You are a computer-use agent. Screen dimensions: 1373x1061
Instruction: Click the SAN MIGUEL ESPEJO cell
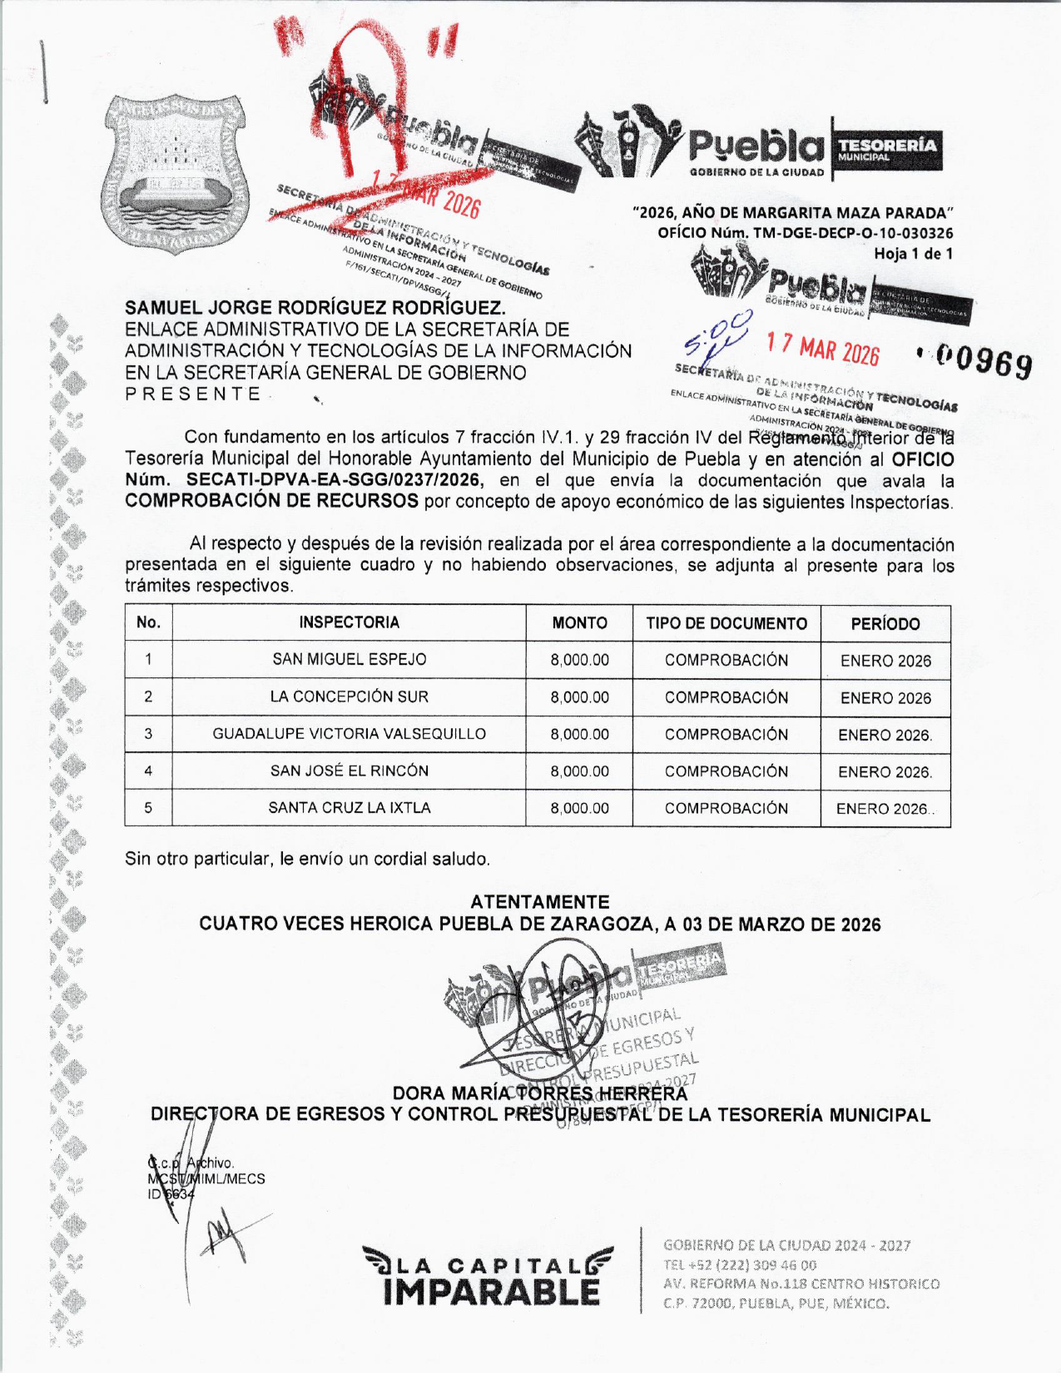[350, 660]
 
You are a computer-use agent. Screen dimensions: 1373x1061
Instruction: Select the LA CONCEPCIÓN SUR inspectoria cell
[350, 697]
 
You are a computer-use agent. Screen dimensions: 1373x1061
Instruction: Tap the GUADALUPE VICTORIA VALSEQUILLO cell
[350, 734]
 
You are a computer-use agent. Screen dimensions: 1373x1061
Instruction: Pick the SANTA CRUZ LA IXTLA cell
[350, 808]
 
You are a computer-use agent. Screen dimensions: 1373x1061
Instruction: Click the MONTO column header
[579, 623]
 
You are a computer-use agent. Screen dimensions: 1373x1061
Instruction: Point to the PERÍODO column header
[885, 624]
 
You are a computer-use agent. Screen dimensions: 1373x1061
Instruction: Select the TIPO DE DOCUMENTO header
[726, 623]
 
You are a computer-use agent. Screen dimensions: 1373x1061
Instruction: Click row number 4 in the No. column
[148, 771]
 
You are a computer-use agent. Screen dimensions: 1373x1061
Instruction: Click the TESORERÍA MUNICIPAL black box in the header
[887, 150]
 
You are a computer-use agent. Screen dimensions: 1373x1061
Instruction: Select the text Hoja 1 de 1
[913, 254]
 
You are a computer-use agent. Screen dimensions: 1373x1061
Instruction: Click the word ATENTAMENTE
[539, 902]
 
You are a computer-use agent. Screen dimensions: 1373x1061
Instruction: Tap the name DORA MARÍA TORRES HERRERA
[539, 1093]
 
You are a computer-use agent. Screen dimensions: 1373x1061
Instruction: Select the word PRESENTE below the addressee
[193, 394]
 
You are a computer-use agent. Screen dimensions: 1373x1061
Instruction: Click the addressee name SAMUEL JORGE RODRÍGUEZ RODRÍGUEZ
[315, 308]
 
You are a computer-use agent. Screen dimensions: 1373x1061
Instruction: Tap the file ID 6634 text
[171, 1194]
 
